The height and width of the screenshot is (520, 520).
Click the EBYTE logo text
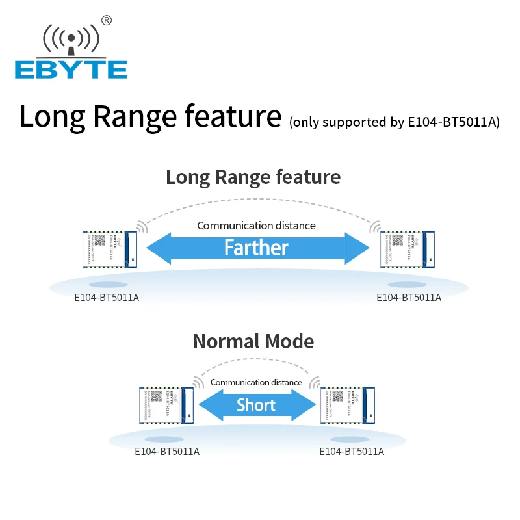tap(71, 69)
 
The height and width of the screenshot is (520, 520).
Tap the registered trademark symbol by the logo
tap(107, 20)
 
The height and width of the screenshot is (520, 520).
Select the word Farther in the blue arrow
tap(256, 248)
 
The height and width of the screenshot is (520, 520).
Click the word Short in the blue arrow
tap(256, 406)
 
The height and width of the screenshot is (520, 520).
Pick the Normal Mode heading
tap(253, 341)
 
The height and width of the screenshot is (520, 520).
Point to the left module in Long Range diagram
tap(107, 249)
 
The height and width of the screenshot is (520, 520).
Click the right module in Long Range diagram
tap(406, 249)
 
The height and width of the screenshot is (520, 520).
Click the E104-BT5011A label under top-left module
tap(107, 298)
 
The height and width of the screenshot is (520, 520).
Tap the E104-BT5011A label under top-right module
tap(409, 298)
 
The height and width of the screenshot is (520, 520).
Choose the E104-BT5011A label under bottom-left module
tap(167, 452)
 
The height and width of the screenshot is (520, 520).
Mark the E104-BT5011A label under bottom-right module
tap(352, 452)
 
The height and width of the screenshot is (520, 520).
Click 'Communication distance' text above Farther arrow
tap(256, 226)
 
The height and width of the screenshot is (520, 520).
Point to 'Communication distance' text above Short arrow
tap(256, 382)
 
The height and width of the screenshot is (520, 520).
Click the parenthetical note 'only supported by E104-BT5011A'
tap(395, 122)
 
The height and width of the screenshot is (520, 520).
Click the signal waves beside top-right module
tap(374, 226)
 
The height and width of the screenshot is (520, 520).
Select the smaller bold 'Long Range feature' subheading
tap(253, 177)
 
